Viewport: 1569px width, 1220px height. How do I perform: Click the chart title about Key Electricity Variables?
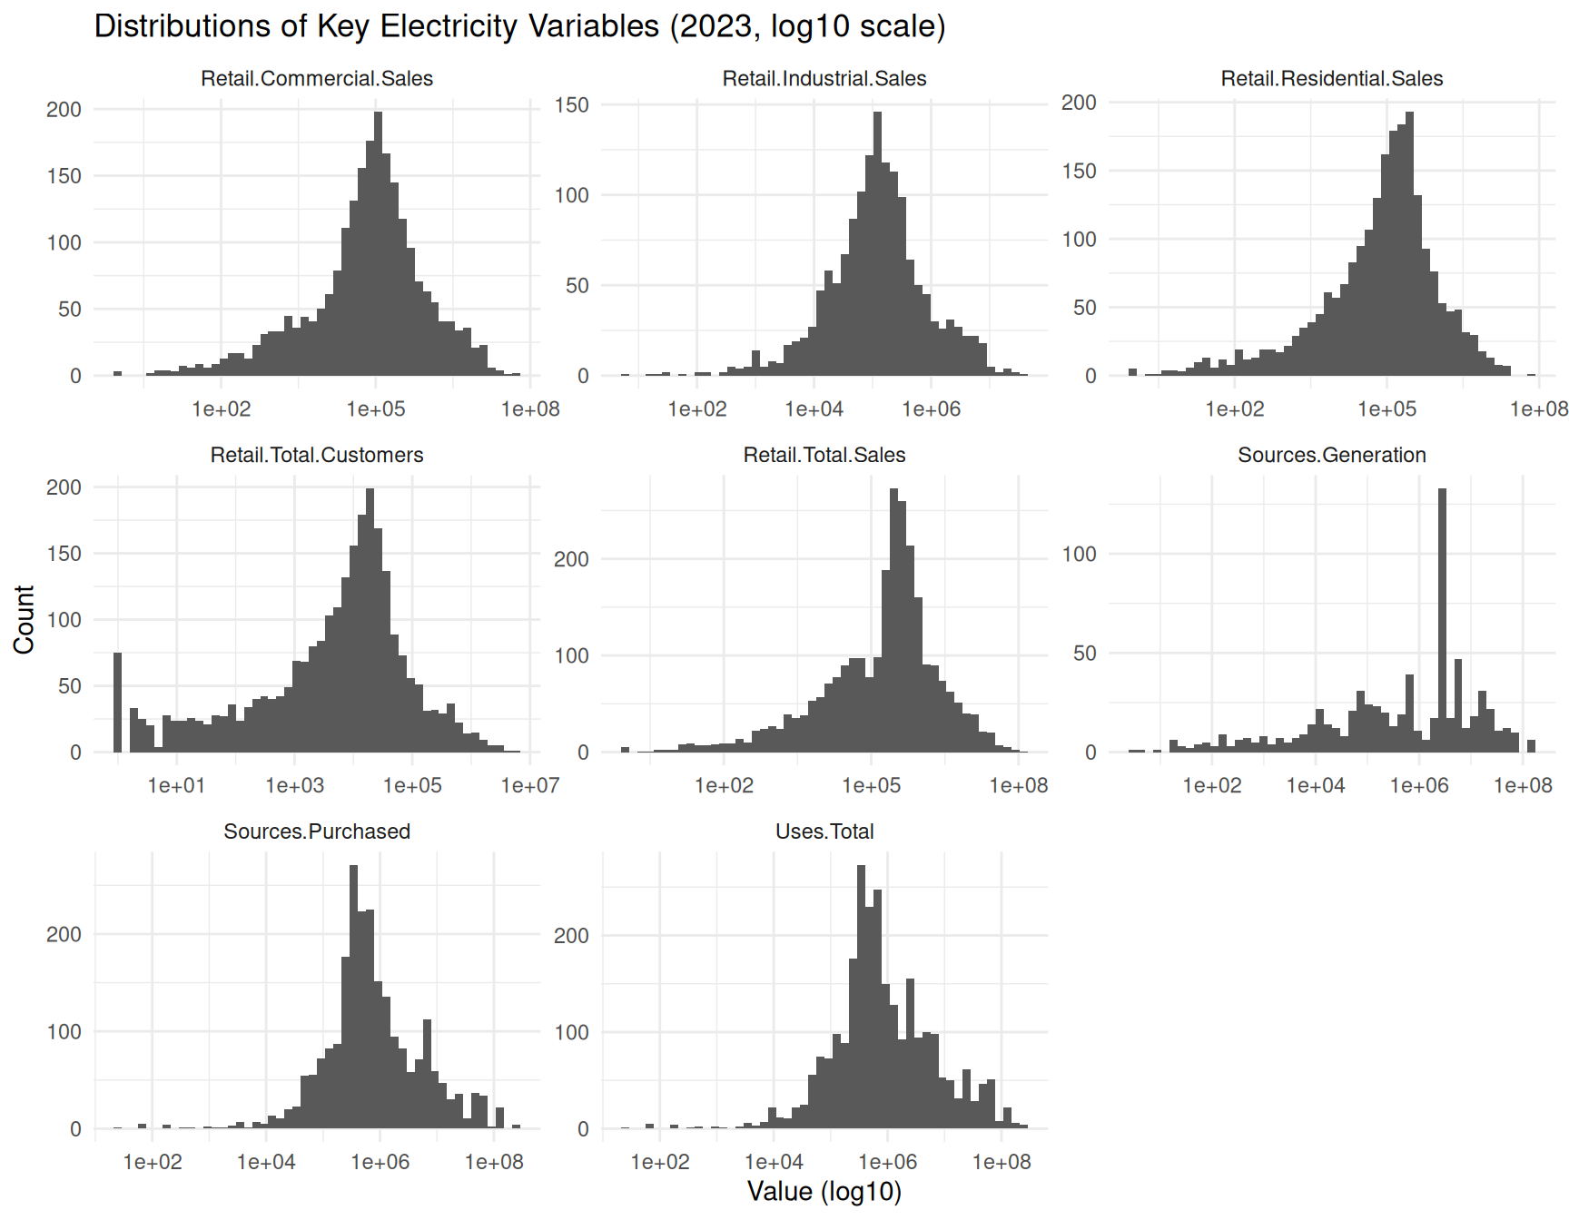(x=519, y=26)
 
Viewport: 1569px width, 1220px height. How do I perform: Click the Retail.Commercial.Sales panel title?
(x=317, y=79)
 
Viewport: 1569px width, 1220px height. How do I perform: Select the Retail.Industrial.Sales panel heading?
(x=824, y=79)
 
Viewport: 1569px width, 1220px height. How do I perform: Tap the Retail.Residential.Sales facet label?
(x=1331, y=79)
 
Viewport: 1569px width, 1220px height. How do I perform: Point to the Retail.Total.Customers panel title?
(x=317, y=455)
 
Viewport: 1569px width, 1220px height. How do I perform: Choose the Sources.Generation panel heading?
(x=1331, y=455)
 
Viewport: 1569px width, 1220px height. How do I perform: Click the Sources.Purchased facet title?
(x=317, y=831)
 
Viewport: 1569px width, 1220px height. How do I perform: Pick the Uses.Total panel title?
(x=824, y=831)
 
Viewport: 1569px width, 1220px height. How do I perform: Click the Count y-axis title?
(x=25, y=619)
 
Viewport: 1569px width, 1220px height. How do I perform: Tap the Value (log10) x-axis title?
(x=824, y=1191)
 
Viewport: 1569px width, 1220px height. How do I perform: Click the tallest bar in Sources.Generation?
(x=1442, y=626)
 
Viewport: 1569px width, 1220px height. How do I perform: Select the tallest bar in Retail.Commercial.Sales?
(x=378, y=245)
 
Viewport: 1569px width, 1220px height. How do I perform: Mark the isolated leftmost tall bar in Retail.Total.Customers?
(x=117, y=703)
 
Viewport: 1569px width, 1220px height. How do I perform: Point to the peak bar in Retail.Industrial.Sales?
(x=877, y=245)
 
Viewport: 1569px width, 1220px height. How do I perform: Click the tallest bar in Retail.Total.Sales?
(x=893, y=626)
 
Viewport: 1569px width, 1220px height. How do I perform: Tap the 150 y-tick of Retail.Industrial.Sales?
(x=571, y=105)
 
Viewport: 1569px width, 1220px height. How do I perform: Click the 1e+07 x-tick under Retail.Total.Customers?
(x=530, y=785)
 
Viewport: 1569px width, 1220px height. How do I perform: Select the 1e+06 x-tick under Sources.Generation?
(x=1419, y=785)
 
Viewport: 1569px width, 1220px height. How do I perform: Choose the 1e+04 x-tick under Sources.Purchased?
(x=266, y=1162)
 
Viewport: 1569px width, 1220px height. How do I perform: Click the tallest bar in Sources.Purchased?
(x=353, y=999)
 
